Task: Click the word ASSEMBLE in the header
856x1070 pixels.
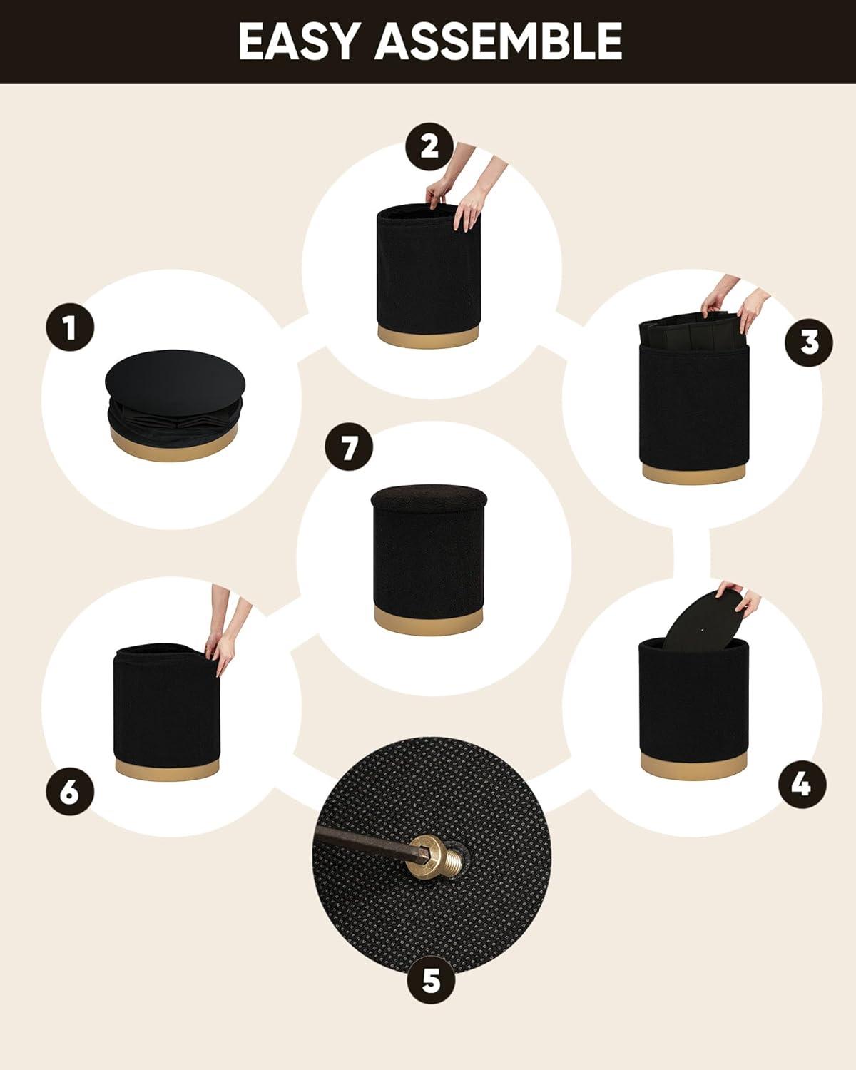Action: pos(499,41)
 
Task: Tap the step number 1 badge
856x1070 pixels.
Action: pos(70,327)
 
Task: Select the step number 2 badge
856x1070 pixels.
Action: pos(429,147)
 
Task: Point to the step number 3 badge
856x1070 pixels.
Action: pos(809,343)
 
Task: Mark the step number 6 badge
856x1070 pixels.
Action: pos(70,791)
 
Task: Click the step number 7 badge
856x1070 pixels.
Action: pos(349,447)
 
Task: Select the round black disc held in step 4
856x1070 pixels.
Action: pos(703,618)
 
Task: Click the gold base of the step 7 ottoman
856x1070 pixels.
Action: pos(428,619)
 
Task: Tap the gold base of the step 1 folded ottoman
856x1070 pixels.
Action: pos(174,444)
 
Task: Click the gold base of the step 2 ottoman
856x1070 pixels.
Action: pos(428,335)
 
